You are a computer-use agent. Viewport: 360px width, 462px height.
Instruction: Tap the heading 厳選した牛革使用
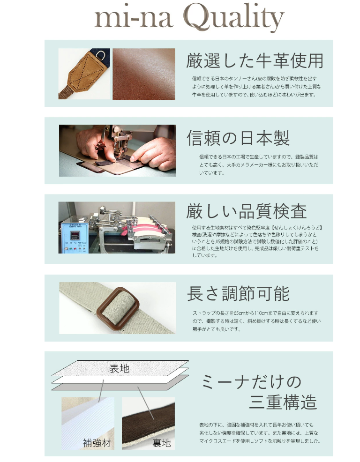click(x=255, y=61)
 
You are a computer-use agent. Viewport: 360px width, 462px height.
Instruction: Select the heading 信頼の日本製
click(x=238, y=138)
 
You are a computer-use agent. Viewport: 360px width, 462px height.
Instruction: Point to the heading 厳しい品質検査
click(x=247, y=211)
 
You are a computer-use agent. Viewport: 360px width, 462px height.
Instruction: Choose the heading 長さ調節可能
click(x=238, y=293)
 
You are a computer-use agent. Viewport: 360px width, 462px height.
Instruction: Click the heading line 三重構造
click(x=283, y=402)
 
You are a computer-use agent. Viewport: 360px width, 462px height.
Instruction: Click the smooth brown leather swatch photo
click(x=143, y=74)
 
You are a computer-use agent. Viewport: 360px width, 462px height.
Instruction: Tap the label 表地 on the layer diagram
click(x=120, y=368)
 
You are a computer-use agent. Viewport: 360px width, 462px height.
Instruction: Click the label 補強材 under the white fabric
click(x=97, y=443)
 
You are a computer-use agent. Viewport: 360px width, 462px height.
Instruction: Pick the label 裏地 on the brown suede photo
click(x=162, y=443)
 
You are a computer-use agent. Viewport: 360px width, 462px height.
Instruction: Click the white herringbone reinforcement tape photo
click(x=88, y=423)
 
